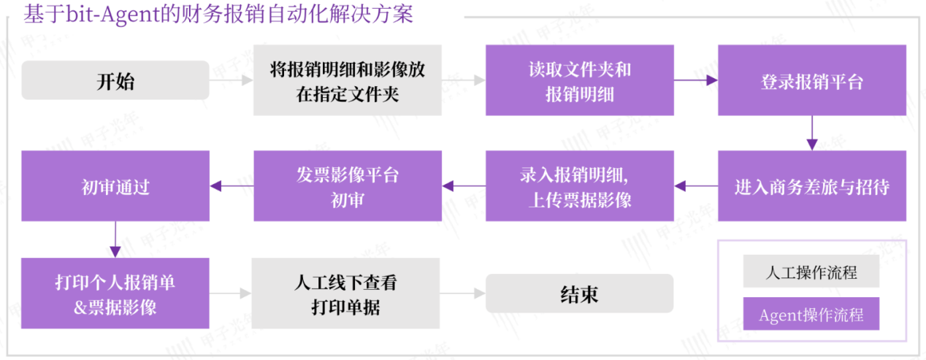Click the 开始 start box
[x=115, y=80]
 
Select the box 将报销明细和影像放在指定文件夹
[x=348, y=80]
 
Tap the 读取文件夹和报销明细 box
[x=580, y=80]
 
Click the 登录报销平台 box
[x=812, y=80]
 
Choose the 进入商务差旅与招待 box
[x=812, y=186]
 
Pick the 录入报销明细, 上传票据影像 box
[x=580, y=186]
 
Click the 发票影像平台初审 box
[x=348, y=186]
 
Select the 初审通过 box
[x=115, y=186]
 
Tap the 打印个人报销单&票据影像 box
[x=115, y=294]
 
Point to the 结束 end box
[x=580, y=294]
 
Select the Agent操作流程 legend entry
[x=811, y=315]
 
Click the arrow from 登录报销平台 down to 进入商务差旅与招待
[x=811, y=133]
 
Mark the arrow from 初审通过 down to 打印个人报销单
[x=115, y=240]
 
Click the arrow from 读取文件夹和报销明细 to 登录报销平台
[x=696, y=80]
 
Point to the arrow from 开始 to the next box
[x=231, y=80]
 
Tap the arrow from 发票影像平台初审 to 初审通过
[x=231, y=186]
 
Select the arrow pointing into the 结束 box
[x=463, y=294]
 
